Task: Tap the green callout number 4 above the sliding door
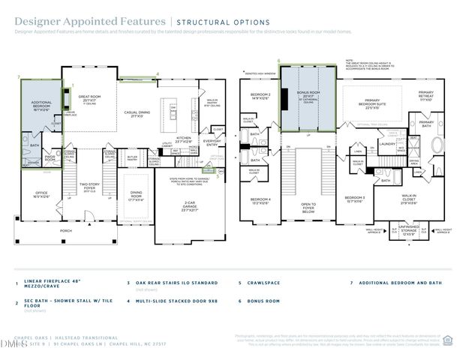pos(157,73)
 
